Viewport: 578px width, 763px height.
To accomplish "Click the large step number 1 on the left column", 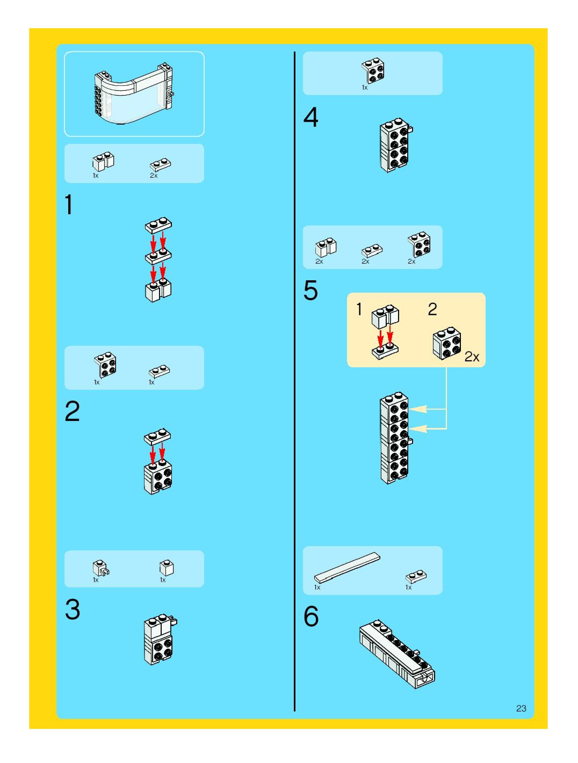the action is (x=69, y=205).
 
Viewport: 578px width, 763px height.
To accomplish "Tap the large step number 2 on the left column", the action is (x=72, y=411).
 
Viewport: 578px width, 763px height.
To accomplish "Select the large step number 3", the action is (x=73, y=609).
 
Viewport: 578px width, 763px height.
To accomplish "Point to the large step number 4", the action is (x=310, y=117).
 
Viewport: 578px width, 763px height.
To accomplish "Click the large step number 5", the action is (x=310, y=290).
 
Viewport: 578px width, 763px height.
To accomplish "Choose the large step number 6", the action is (x=311, y=616).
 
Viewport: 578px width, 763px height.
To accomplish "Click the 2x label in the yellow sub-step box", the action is (x=472, y=357).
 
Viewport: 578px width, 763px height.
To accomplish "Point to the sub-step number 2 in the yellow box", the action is (x=432, y=309).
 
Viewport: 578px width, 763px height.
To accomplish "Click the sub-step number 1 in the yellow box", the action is (x=359, y=309).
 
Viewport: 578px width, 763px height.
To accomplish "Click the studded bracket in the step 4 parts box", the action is (x=373, y=71).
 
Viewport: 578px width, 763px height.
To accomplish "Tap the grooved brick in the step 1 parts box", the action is (x=103, y=161).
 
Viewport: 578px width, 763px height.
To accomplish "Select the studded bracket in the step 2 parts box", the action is (x=105, y=365).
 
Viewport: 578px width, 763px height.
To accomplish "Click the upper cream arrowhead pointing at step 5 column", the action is (x=418, y=409).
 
